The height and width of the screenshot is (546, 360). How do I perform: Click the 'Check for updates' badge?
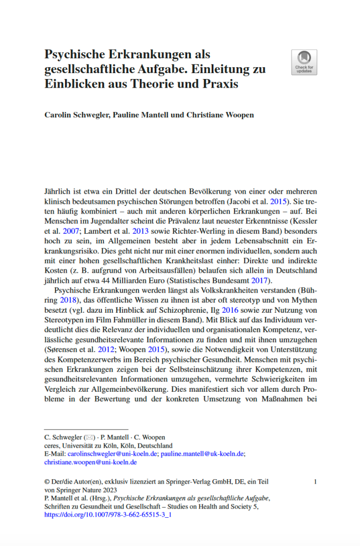304,62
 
